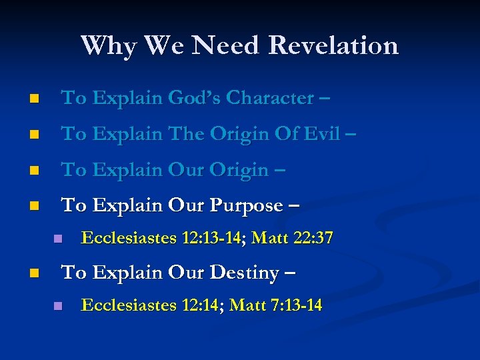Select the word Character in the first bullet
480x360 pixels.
coord(269,98)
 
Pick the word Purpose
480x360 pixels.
coord(246,206)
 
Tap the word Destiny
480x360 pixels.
coord(247,273)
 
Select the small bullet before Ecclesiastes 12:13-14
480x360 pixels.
coord(58,239)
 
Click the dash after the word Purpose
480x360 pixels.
coord(293,207)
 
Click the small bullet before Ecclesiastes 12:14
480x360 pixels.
coord(58,306)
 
